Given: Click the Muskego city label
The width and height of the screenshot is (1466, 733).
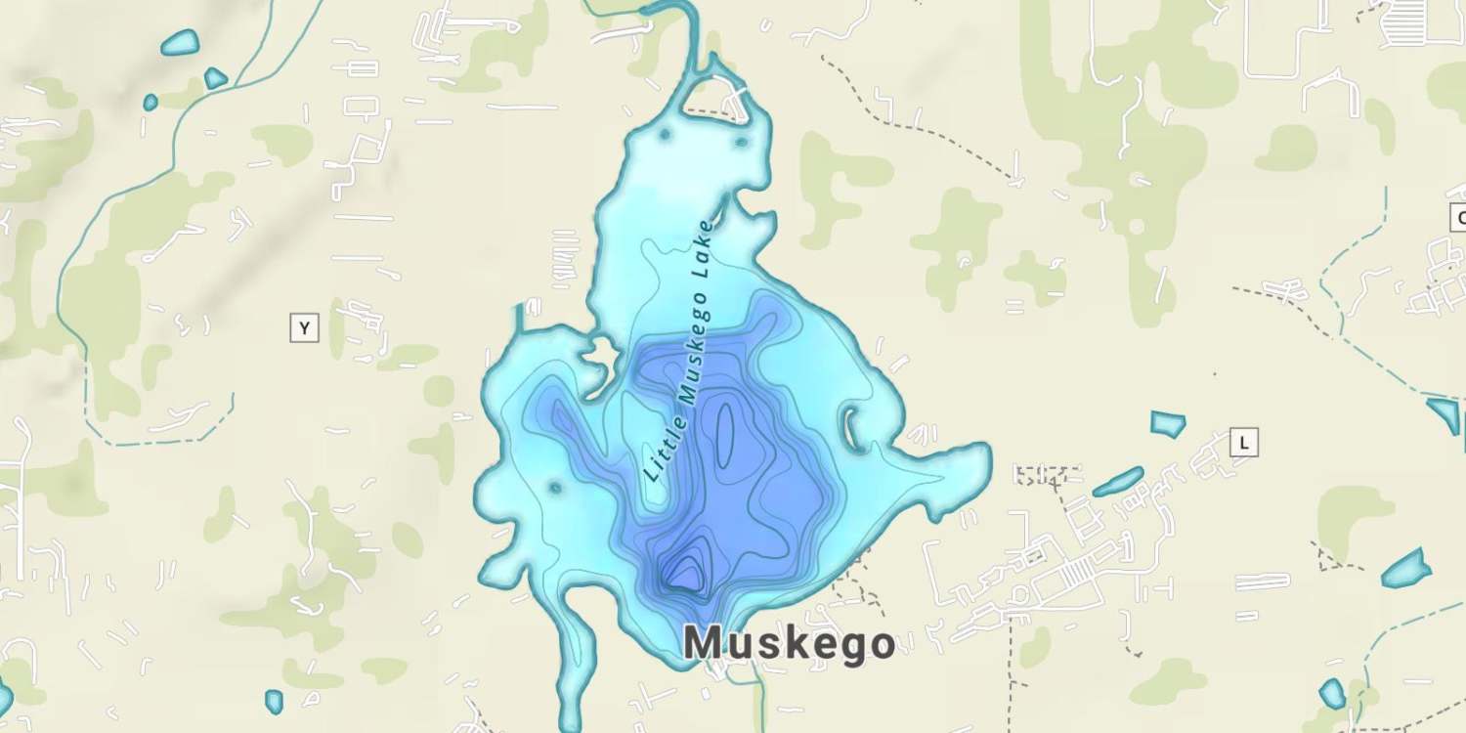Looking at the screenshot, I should (x=789, y=644).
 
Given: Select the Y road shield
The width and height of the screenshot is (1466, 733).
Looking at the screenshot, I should (x=305, y=328).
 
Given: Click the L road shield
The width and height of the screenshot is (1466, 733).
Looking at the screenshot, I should (x=1243, y=443).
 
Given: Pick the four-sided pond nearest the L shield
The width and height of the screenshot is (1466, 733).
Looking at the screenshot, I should (x=1168, y=423).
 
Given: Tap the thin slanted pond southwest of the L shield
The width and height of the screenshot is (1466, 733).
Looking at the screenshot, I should (x=1118, y=481).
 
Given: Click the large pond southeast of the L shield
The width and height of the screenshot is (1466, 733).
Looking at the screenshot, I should (x=1407, y=569).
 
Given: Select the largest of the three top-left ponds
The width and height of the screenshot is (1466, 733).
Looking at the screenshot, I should (x=180, y=43).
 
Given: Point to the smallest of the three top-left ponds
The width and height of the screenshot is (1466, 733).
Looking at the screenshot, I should (x=151, y=102).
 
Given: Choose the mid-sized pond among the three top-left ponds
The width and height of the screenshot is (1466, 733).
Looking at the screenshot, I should (x=215, y=78).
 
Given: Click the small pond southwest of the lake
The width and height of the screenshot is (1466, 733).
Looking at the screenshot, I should (x=274, y=701).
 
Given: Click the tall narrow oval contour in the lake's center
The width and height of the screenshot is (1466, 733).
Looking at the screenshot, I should (x=725, y=432).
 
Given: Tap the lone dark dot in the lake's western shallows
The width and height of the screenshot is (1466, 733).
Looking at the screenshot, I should (x=555, y=486).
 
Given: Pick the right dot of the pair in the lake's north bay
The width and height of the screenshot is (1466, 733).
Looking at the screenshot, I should (x=741, y=142).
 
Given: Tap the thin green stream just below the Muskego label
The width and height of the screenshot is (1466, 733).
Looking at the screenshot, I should (x=757, y=694).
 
